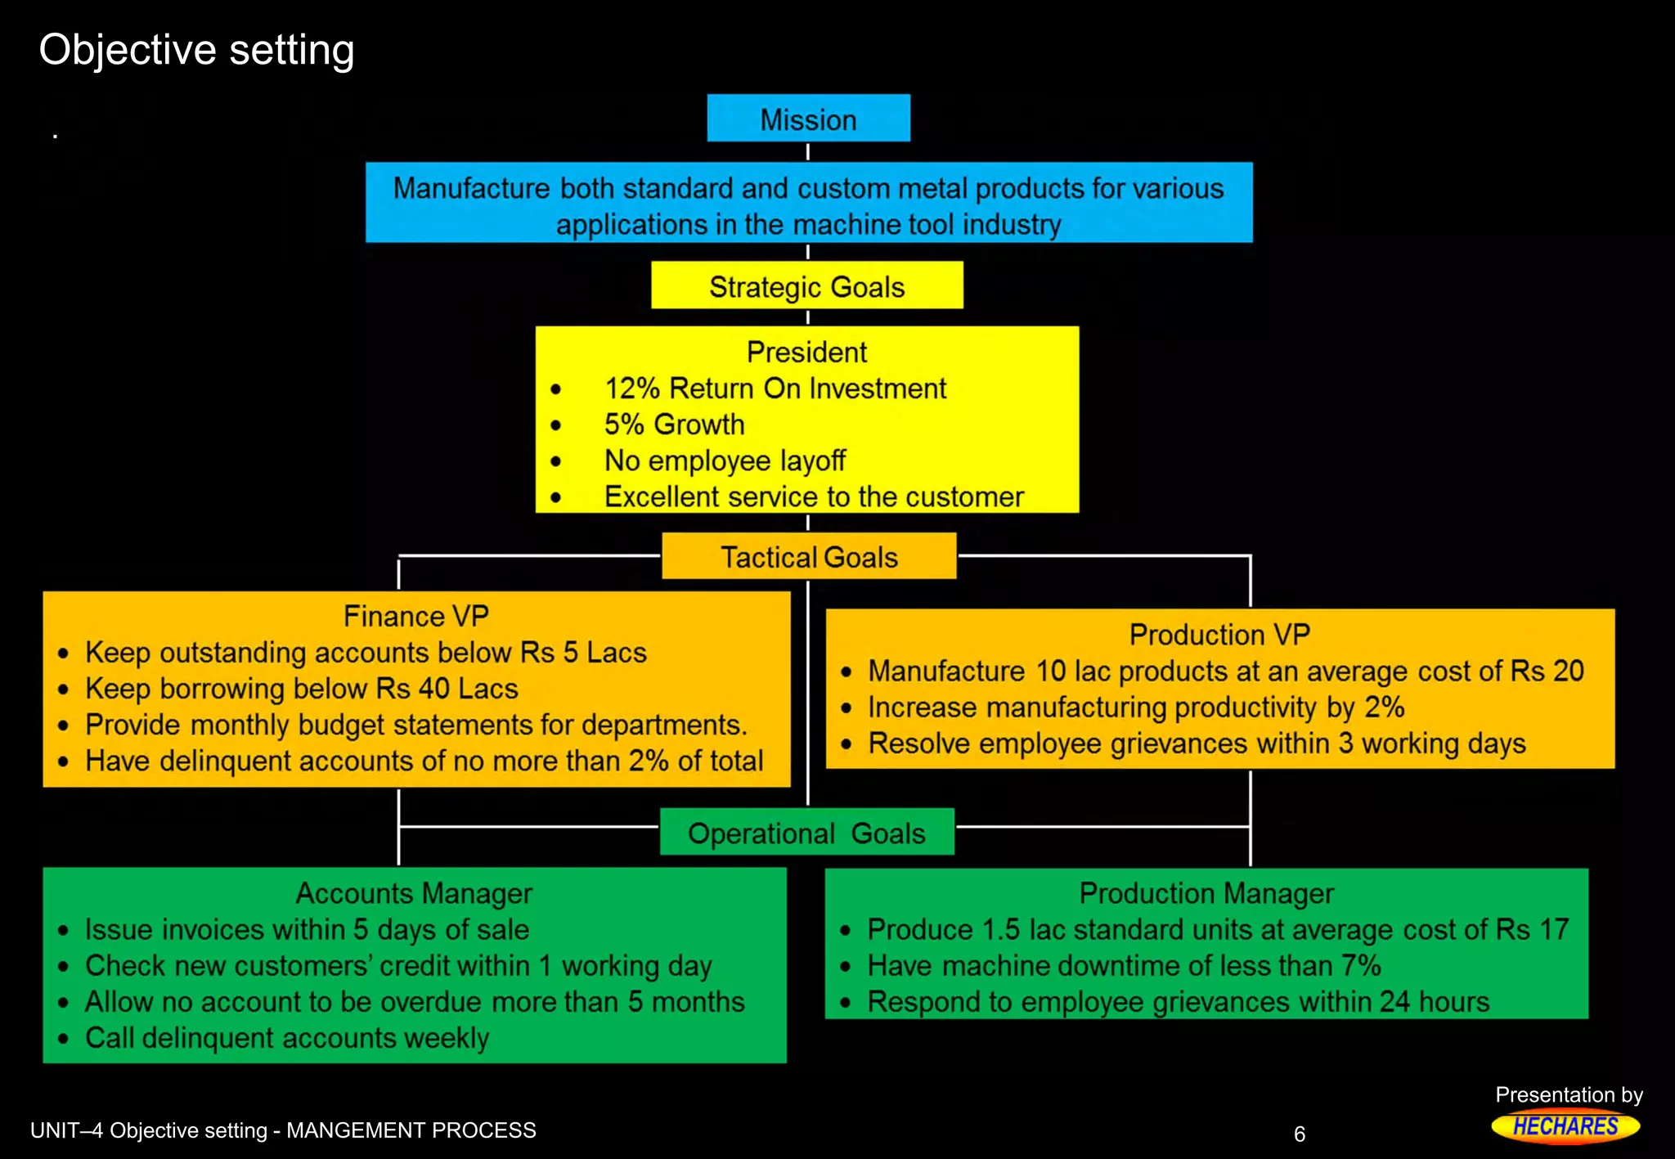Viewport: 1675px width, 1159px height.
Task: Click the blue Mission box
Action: point(808,119)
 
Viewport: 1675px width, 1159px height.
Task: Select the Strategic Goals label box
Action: point(806,286)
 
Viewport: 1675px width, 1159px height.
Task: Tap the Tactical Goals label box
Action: point(808,557)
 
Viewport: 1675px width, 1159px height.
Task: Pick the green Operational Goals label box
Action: point(806,833)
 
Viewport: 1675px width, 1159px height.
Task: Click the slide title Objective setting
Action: point(196,50)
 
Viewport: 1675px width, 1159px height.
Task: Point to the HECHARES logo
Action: point(1565,1126)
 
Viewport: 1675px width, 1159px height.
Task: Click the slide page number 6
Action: point(1299,1134)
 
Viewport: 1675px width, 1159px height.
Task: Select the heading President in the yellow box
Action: point(806,353)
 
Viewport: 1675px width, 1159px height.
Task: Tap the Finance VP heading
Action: point(415,616)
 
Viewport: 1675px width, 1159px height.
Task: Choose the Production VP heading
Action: point(1219,635)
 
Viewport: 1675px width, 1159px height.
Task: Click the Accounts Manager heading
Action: point(414,893)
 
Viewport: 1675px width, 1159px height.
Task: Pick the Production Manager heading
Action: point(1206,893)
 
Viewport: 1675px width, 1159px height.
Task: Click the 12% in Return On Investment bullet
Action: point(632,389)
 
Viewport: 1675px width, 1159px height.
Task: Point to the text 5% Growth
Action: point(674,425)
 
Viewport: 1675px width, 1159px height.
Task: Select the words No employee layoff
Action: point(725,460)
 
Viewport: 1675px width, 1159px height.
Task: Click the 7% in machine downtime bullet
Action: point(1361,965)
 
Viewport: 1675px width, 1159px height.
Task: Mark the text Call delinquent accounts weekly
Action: point(287,1038)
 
